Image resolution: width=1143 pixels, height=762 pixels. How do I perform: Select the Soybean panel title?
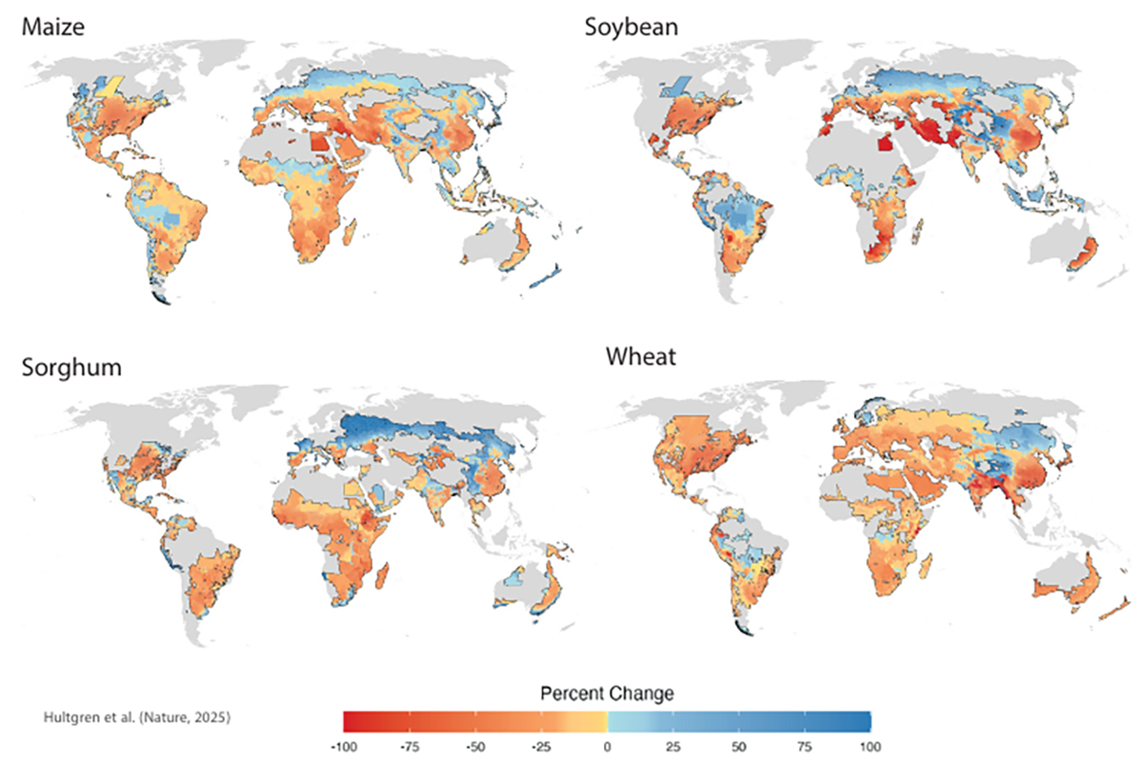(631, 27)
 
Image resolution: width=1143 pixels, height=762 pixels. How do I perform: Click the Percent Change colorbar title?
(606, 693)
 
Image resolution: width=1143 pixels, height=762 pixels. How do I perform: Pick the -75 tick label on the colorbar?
(411, 745)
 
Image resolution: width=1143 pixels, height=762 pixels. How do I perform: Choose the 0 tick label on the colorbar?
(607, 745)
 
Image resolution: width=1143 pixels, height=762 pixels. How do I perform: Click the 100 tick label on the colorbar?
(866, 745)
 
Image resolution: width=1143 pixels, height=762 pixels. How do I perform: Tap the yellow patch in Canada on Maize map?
(112, 85)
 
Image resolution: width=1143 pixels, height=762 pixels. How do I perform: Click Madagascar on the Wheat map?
(923, 569)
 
